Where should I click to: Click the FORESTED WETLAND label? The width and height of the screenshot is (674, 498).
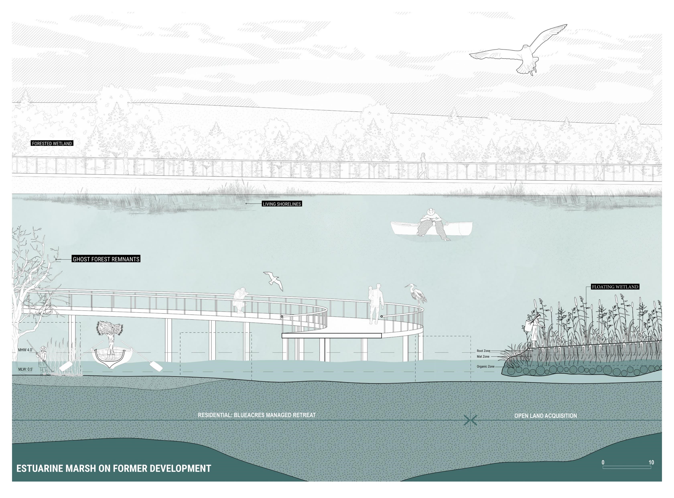coord(52,143)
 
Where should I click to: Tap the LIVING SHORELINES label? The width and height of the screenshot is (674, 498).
coord(282,204)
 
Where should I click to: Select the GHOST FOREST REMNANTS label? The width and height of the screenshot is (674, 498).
coord(106,259)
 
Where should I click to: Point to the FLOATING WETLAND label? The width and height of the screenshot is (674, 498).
coord(615,287)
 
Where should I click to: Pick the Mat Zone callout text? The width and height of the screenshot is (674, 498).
coord(483,357)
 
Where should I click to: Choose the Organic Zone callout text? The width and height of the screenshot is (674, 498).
coord(485,367)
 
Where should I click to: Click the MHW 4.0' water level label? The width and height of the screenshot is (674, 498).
coord(25,350)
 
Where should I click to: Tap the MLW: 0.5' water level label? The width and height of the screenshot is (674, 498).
coord(26,369)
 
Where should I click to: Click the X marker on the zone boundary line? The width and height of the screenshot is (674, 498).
coord(470,420)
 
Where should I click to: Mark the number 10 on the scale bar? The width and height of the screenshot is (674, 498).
coord(651,462)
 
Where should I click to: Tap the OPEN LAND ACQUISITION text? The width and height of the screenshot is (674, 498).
coord(545,416)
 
